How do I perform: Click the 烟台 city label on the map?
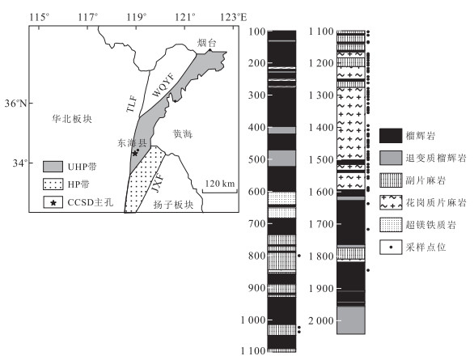tap(207, 43)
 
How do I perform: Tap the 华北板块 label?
tap(72, 119)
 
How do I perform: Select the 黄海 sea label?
tap(183, 134)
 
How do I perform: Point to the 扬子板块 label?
tap(173, 205)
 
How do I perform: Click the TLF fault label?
tap(132, 104)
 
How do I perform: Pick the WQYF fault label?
tap(163, 85)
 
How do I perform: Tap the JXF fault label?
tap(158, 183)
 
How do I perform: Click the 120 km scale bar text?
tap(220, 184)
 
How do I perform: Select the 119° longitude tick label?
tap(136, 17)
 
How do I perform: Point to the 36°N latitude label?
tap(15, 104)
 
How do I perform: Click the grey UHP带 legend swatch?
tap(53, 167)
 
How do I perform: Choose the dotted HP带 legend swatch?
tap(53, 184)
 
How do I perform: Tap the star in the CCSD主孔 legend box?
tap(53, 203)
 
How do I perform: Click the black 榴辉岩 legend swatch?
tap(391, 136)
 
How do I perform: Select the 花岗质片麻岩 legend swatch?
tap(391, 202)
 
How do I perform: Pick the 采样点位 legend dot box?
tap(391, 248)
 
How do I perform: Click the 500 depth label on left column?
tap(256, 159)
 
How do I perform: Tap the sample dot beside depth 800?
tap(299, 256)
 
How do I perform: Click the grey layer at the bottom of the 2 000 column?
tap(351, 320)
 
